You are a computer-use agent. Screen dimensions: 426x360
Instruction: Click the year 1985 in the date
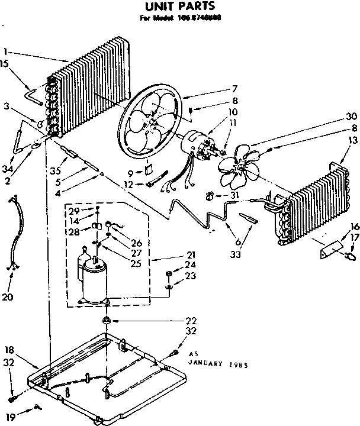pyautogui.click(x=237, y=365)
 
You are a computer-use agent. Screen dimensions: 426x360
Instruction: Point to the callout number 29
pyautogui.click(x=73, y=211)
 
